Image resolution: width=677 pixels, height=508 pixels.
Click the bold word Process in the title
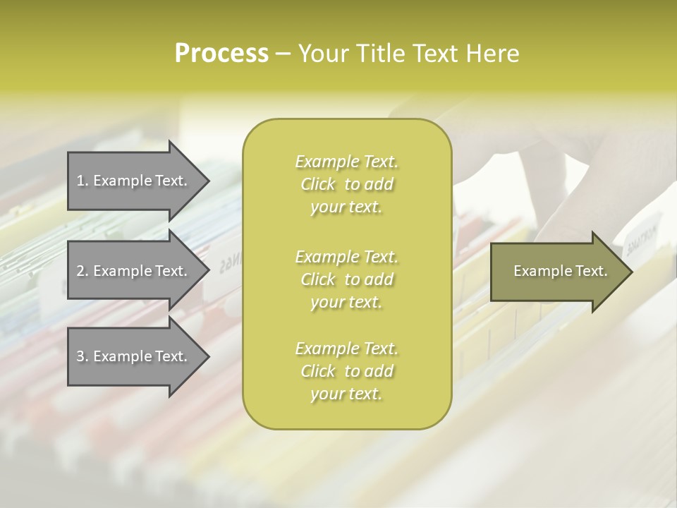(221, 54)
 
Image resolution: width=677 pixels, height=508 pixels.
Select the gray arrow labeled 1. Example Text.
(134, 181)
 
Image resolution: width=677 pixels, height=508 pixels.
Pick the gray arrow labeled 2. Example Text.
(134, 271)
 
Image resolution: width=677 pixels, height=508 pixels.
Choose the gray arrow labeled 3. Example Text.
(134, 357)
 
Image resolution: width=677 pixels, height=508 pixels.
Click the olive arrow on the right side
(557, 271)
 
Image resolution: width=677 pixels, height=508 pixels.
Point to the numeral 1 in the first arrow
(80, 181)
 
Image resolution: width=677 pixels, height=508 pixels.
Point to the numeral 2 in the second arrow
(80, 271)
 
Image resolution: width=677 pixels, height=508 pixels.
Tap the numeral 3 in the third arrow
(80, 357)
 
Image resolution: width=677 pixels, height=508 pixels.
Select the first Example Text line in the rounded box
(346, 162)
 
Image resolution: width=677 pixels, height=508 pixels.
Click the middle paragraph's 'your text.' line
(346, 302)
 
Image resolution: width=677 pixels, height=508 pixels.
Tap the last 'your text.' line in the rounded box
(346, 394)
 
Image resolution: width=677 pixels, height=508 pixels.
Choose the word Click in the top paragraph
(318, 185)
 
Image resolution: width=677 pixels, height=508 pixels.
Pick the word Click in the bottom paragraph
(318, 372)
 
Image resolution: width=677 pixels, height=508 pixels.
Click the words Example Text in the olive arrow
(561, 271)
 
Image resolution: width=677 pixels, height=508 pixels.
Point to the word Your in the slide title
(322, 54)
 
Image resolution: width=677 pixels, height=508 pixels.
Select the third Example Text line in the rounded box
(346, 349)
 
